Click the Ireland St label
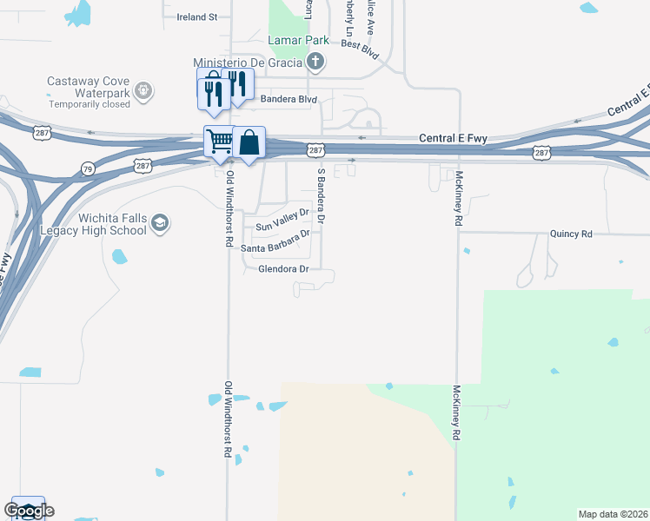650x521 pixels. (x=196, y=16)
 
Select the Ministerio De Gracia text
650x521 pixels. (x=248, y=62)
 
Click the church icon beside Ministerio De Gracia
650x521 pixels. (x=315, y=62)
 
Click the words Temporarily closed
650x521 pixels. (x=90, y=104)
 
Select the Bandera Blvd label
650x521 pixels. (x=289, y=98)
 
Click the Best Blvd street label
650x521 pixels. (x=360, y=49)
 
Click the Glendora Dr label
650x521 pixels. (x=283, y=269)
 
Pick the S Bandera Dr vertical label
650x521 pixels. (x=321, y=197)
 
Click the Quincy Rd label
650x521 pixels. (x=571, y=234)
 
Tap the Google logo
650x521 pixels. (x=29, y=511)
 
